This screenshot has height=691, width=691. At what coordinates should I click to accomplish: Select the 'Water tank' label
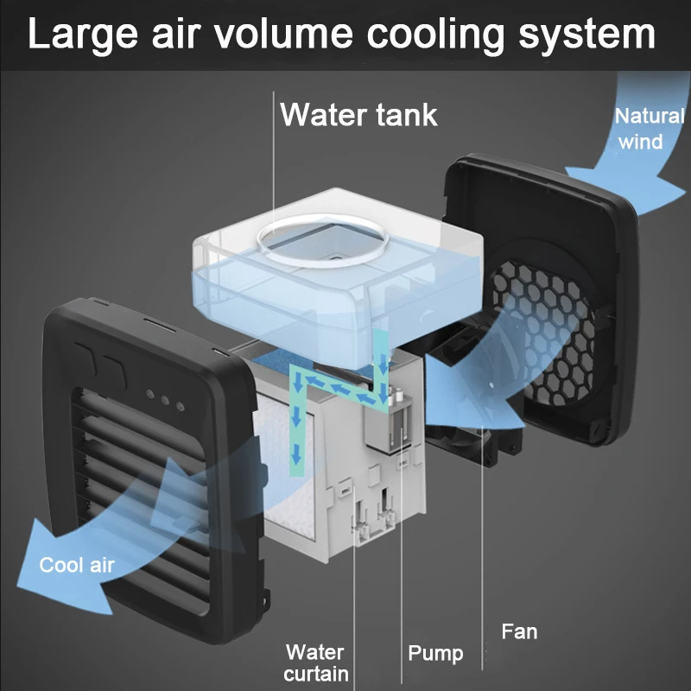click(x=358, y=114)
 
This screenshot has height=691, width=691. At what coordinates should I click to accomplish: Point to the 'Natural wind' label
click(x=648, y=128)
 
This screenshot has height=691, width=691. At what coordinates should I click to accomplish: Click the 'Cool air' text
click(x=77, y=566)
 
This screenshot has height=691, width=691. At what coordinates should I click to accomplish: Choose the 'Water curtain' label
click(x=315, y=662)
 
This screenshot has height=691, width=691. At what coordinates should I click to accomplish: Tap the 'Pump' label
click(x=435, y=653)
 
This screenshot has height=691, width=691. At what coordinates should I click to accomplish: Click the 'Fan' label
click(x=519, y=631)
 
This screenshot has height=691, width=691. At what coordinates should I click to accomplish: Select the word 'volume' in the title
click(x=286, y=35)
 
